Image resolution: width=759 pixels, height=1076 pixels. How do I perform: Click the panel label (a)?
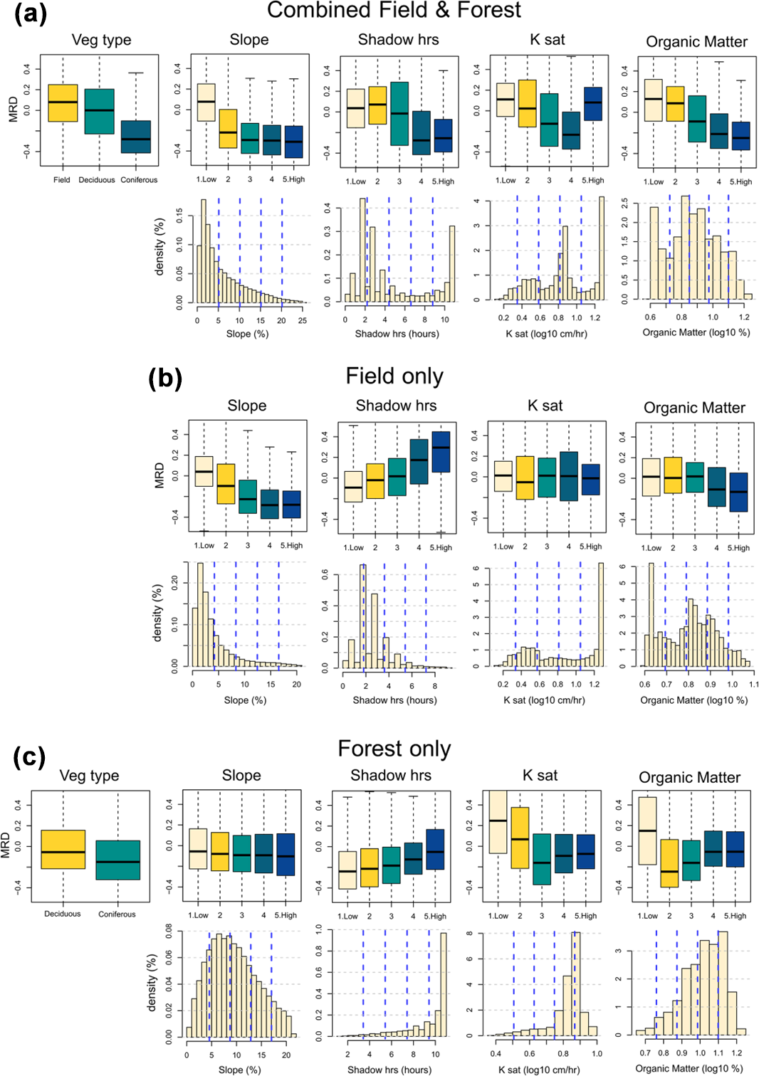pos(30,14)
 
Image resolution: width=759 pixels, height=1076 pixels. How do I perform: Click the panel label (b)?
pos(164,377)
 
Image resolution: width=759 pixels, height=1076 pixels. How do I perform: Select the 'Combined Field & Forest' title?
pos(394,10)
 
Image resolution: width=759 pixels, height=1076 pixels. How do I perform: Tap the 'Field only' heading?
pos(394,376)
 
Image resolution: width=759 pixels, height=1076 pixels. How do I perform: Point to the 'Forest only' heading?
pos(394,749)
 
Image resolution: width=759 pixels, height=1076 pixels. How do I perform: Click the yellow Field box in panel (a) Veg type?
pos(63,103)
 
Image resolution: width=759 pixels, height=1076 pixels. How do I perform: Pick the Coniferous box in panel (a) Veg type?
pos(135,137)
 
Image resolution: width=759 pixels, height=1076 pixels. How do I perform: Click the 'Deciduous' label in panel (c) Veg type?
pos(63,914)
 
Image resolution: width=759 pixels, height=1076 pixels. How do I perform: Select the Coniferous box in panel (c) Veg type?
pos(117,860)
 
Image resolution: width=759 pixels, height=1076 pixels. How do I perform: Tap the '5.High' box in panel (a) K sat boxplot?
pos(592,104)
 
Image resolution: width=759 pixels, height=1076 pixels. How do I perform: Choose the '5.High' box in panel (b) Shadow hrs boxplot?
pos(441,452)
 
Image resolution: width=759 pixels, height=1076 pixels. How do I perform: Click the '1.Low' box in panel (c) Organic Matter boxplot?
pos(647,830)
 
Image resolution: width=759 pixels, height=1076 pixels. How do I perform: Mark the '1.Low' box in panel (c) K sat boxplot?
pos(498,822)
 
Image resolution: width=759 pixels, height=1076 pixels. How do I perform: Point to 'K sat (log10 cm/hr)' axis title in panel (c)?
pos(539,1069)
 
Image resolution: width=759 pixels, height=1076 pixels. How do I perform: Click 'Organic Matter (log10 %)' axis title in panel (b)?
pos(693,700)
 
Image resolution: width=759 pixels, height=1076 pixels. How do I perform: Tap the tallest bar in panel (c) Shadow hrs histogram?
pos(444,984)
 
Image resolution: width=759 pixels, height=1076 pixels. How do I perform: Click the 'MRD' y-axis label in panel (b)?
pos(159,475)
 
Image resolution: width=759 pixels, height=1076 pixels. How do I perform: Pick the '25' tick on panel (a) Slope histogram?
pos(303,320)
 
